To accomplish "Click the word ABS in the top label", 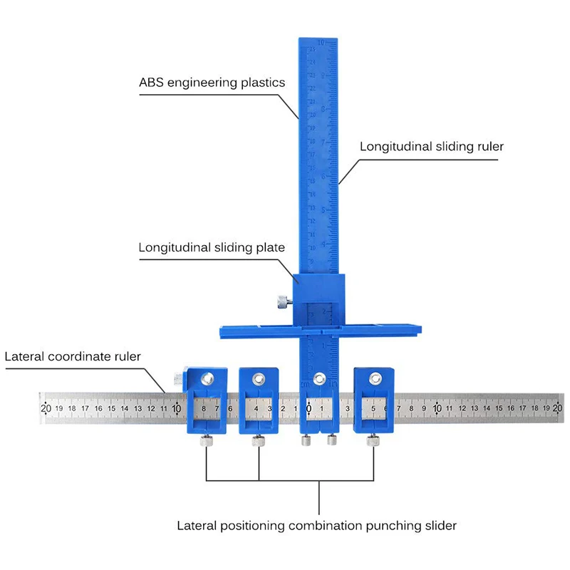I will pyautogui.click(x=151, y=83).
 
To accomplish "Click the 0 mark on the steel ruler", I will pyautogui.click(x=309, y=408).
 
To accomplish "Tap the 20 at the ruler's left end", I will pyautogui.click(x=46, y=408).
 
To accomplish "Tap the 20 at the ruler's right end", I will pyautogui.click(x=557, y=408).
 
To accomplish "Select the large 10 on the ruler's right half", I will pyautogui.click(x=437, y=408).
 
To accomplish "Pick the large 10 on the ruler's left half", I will pyautogui.click(x=176, y=408).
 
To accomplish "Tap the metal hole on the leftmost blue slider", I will pyautogui.click(x=207, y=378).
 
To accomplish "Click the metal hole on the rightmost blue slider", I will pyautogui.click(x=374, y=377).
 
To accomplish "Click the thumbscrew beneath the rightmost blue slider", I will pyautogui.click(x=373, y=442).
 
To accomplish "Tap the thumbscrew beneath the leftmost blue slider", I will pyautogui.click(x=205, y=442).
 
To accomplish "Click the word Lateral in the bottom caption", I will pyautogui.click(x=196, y=526).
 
